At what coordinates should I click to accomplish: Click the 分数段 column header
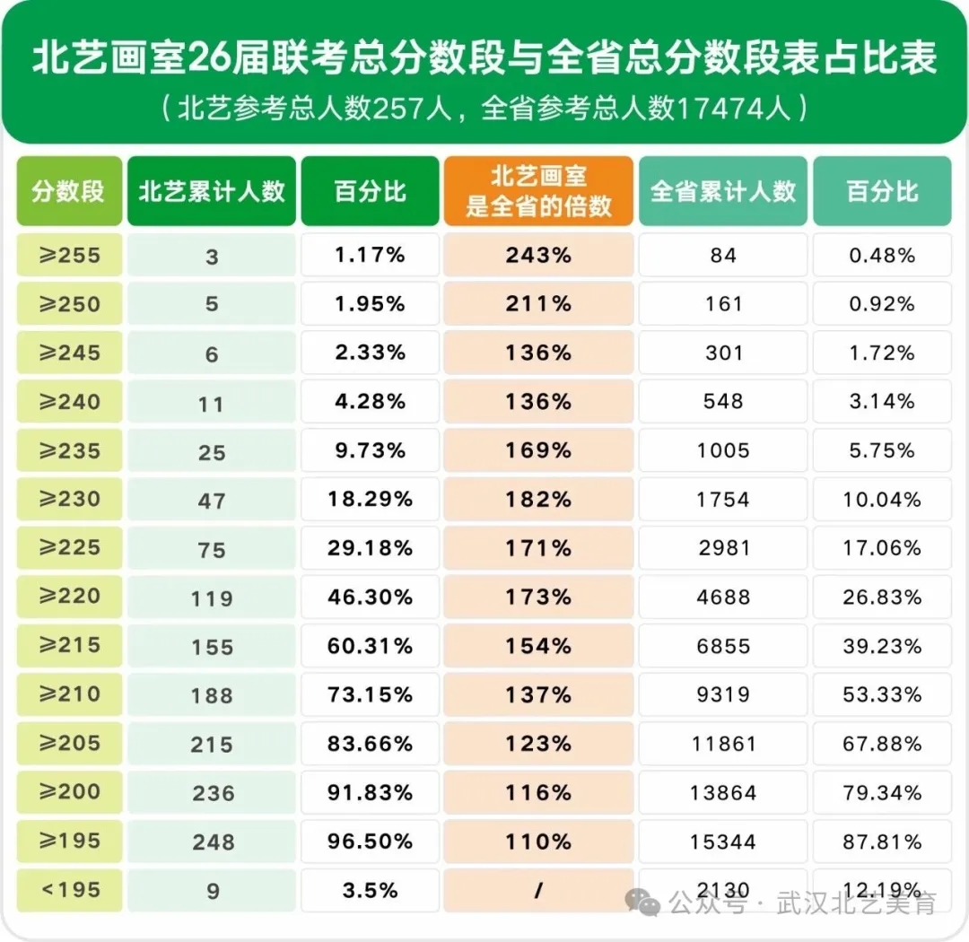tap(69, 191)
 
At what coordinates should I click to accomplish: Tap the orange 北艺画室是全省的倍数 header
tap(538, 191)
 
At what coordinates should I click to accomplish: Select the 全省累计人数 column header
tap(723, 191)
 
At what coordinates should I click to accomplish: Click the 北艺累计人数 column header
tap(212, 191)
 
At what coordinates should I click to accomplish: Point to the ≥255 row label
tap(69, 256)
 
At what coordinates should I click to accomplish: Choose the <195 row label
tap(69, 890)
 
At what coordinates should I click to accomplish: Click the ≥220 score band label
tap(69, 597)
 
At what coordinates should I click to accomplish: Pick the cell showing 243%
tap(538, 256)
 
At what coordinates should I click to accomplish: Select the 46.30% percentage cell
tap(370, 597)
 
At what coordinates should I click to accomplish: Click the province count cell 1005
tap(723, 450)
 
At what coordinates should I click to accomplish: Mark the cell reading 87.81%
tap(882, 842)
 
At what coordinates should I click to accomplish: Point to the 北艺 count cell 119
tap(212, 598)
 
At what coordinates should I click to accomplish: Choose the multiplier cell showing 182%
tap(538, 499)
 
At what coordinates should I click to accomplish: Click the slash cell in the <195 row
tap(538, 890)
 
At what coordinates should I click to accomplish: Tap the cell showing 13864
tap(723, 793)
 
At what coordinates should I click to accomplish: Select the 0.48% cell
tap(882, 256)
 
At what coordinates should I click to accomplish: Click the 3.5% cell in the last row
tap(370, 890)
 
